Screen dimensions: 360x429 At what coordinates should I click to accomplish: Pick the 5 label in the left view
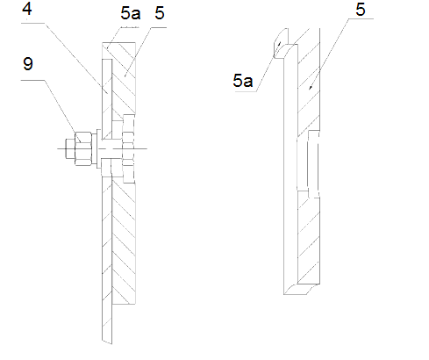tap(158, 15)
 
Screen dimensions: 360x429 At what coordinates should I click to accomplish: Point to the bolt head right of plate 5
tap(130, 149)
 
